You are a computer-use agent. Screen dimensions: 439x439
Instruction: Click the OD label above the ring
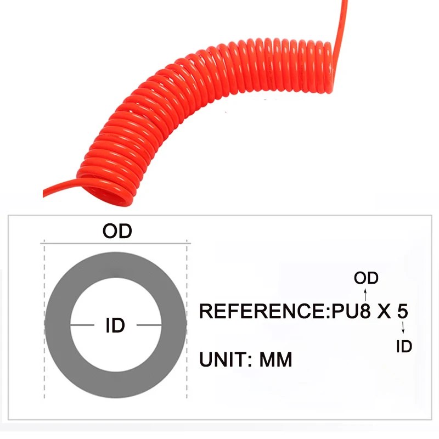coord(117,231)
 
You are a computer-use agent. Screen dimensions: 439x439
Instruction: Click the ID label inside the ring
coord(115,326)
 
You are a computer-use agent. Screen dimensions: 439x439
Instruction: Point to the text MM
coord(276,360)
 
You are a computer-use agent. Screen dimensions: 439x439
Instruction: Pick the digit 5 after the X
coord(402,311)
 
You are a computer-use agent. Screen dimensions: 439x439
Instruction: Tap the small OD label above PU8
coord(366,278)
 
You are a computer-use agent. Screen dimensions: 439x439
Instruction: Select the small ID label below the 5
coord(404,346)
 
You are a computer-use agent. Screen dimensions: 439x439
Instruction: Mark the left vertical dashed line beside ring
coord(44,329)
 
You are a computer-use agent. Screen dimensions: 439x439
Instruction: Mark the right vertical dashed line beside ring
coord(188,329)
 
